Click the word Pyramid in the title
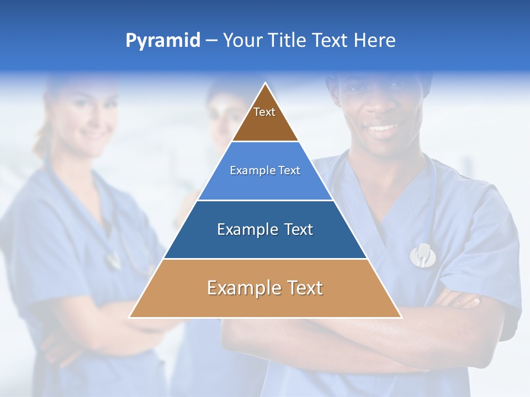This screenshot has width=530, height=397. pos(163,41)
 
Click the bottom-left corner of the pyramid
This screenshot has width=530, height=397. pos(130,317)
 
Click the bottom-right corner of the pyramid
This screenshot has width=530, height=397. pos(401,317)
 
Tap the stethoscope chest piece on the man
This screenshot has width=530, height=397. pos(422,255)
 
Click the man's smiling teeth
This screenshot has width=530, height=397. pos(383,128)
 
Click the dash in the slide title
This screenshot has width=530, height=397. pos(211,41)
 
